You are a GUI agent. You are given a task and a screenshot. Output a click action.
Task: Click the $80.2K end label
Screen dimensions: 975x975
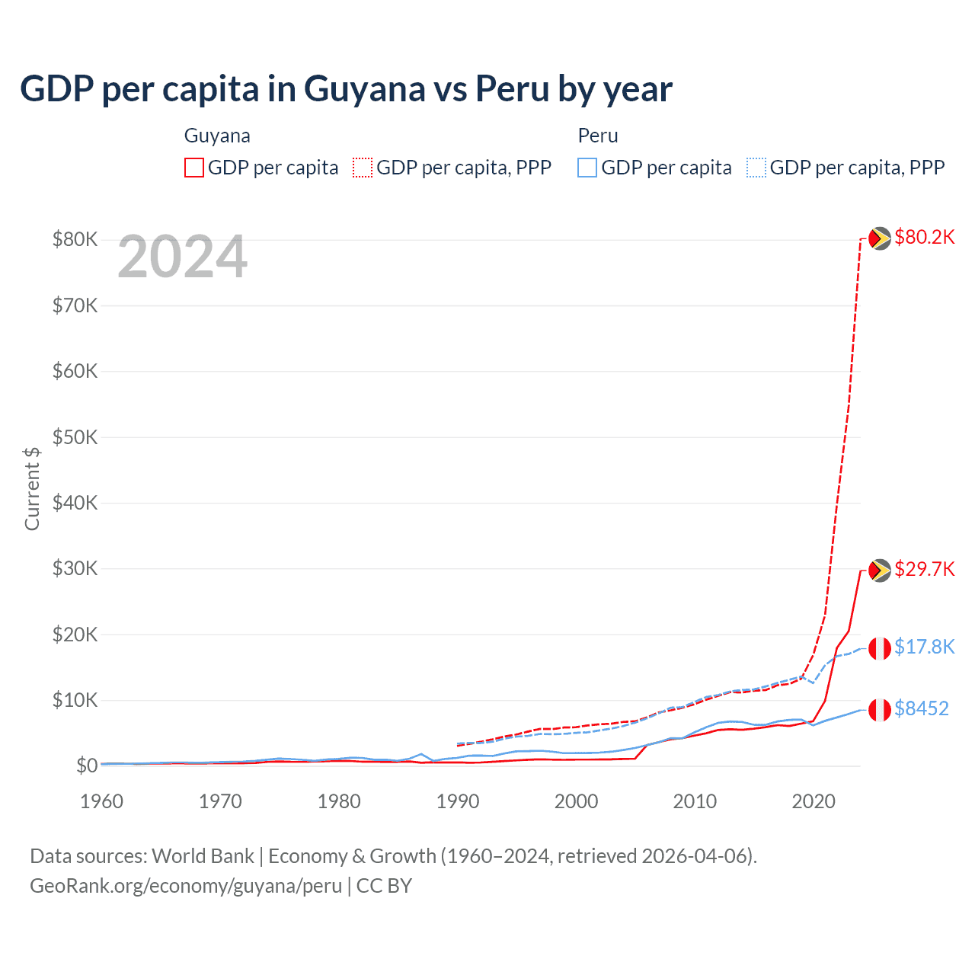[924, 238]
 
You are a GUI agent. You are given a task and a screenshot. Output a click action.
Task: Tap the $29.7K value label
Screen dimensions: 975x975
[924, 570]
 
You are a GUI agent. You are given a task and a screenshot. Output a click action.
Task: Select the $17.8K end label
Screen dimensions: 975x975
[924, 647]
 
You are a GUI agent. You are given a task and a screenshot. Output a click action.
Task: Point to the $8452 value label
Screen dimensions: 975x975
[921, 709]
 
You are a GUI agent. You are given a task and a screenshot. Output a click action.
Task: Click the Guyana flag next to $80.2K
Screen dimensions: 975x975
[880, 238]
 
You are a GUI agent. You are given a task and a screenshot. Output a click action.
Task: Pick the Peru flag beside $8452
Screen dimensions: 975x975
[880, 710]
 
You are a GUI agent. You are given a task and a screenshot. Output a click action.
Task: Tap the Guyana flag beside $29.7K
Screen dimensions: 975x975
[880, 571]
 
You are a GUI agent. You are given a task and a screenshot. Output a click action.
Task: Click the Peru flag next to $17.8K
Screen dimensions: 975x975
[880, 648]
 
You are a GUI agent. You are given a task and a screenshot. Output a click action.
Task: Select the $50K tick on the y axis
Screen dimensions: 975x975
[75, 437]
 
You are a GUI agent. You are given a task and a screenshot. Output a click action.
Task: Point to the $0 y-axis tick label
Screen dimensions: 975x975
[87, 766]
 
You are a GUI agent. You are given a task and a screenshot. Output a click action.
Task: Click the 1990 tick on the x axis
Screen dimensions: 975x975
[458, 801]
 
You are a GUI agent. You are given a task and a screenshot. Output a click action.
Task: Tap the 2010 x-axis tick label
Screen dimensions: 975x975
[695, 801]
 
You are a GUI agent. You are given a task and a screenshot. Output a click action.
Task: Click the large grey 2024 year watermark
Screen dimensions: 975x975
[183, 257]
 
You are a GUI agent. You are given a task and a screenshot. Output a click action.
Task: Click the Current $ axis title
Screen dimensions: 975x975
[32, 488]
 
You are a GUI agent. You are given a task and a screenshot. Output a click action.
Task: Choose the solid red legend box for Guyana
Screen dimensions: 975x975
[194, 168]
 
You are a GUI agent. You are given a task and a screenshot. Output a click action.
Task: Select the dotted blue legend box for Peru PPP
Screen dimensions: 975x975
[756, 168]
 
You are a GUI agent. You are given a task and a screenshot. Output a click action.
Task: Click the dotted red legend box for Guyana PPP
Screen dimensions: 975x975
[363, 168]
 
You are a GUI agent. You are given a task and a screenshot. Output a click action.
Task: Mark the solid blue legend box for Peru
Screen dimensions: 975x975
[587, 168]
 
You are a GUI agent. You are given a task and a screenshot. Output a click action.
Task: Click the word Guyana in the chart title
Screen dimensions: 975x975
[365, 89]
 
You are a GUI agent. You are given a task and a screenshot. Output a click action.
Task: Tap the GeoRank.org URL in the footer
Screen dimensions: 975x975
[186, 886]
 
